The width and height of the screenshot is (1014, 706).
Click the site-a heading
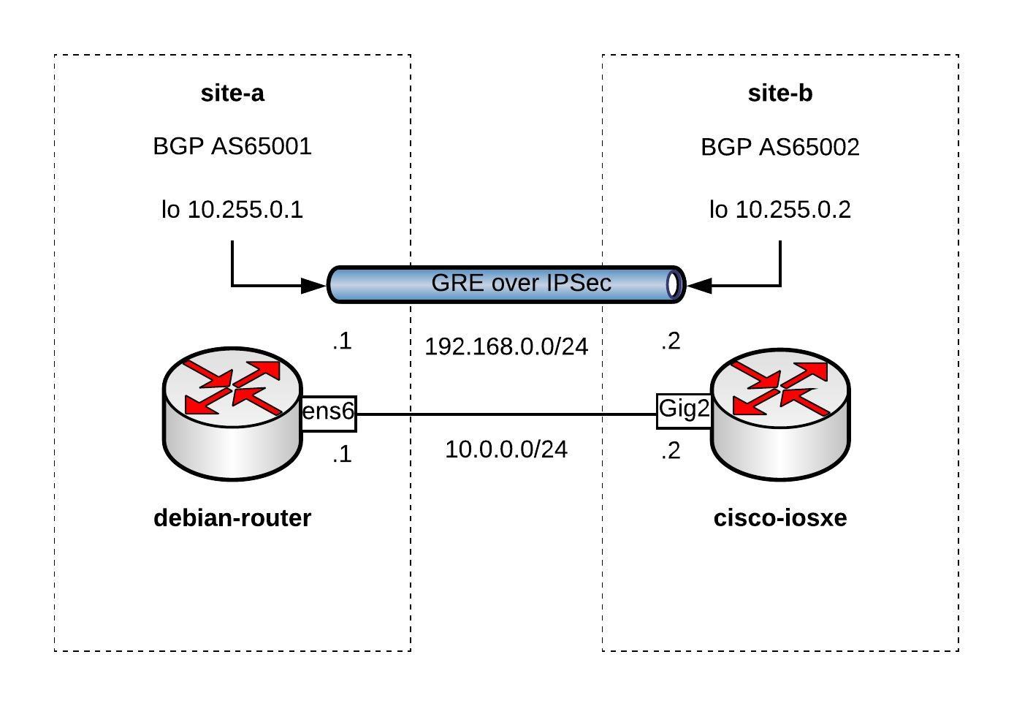(232, 94)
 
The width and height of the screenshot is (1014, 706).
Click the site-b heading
(779, 94)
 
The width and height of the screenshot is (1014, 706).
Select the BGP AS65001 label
(232, 146)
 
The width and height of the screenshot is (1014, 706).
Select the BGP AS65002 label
(779, 148)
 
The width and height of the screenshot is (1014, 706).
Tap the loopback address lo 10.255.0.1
(232, 210)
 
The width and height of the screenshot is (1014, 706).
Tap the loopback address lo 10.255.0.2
(779, 210)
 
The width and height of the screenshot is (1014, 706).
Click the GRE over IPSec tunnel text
(521, 283)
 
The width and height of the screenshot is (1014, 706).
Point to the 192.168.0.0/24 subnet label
(506, 346)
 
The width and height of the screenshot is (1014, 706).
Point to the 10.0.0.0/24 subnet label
(506, 449)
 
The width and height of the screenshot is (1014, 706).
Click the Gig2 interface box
(684, 409)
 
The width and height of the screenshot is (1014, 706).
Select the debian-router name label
(232, 518)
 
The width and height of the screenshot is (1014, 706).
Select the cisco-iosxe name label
(779, 518)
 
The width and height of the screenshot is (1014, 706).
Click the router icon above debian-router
(232, 414)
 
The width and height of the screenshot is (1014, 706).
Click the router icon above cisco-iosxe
(779, 414)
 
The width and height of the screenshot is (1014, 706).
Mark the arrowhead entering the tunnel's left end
(315, 286)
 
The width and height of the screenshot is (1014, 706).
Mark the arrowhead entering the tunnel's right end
(698, 286)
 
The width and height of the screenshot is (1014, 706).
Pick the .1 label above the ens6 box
(342, 341)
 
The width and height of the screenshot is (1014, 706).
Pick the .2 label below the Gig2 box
(671, 451)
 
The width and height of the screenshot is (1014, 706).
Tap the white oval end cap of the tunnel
(674, 284)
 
